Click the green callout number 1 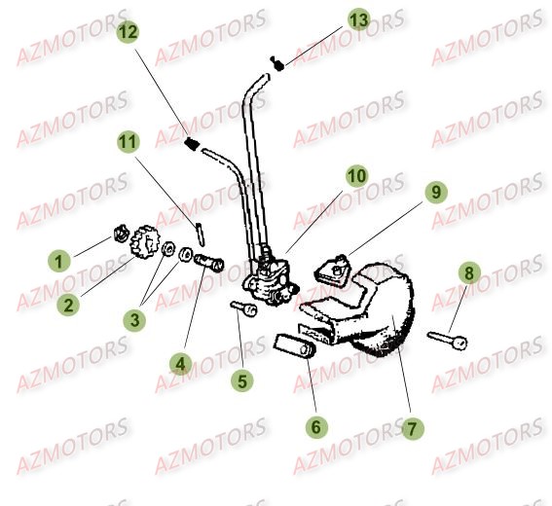tap(59, 261)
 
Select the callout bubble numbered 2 tap(68, 305)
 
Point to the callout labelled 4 tap(179, 364)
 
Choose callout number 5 tap(241, 381)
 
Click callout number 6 tap(316, 426)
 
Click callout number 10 tap(356, 176)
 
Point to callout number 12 tap(128, 31)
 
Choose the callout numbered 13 tap(358, 19)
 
